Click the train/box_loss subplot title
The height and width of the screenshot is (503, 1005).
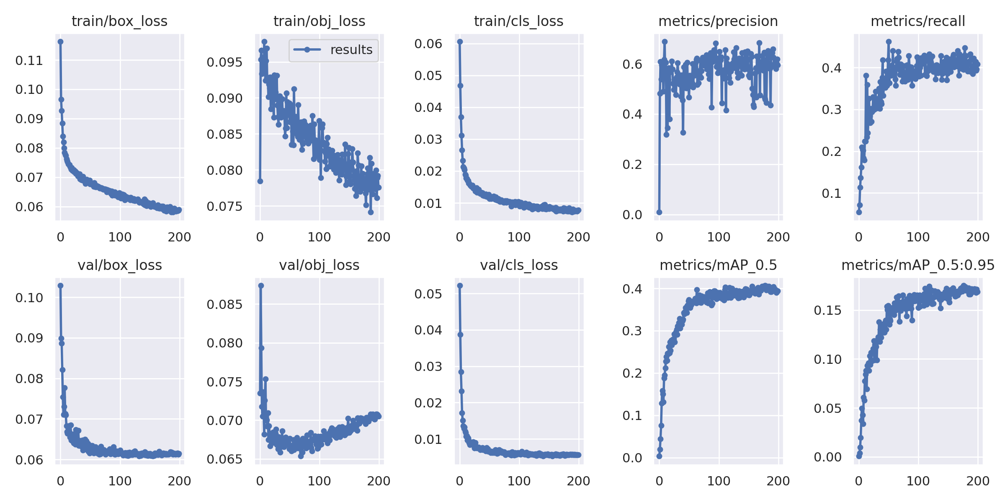coord(119,21)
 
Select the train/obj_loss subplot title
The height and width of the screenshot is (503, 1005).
coord(319,21)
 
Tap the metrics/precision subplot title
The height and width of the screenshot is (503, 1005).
coord(718,21)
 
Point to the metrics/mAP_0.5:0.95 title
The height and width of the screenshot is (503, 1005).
coord(918,265)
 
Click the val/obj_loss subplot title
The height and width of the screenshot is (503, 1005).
coord(319,265)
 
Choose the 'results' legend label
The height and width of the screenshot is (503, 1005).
coord(351,50)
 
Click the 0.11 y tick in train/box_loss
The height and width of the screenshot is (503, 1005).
coord(29,61)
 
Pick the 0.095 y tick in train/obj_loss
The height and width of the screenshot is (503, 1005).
coord(224,62)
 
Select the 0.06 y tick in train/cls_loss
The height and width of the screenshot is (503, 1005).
coord(428,44)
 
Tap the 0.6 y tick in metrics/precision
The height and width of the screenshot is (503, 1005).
coord(632,64)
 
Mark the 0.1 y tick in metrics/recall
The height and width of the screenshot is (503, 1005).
coord(832,193)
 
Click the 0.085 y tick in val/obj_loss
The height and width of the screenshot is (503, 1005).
coord(224,305)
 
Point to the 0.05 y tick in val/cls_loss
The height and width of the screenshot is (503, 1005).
coord(428,294)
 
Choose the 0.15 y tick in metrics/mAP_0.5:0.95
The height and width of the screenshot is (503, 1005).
coord(827,311)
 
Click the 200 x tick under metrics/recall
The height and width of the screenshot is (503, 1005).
coord(978,237)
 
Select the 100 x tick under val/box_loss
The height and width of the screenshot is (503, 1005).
coord(120,481)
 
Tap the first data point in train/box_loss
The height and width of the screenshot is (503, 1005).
coord(61,41)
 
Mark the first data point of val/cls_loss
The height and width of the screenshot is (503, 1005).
coord(460,285)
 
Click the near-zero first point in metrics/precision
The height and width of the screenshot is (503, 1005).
coord(659,212)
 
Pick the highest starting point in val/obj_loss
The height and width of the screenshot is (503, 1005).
coord(261,285)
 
